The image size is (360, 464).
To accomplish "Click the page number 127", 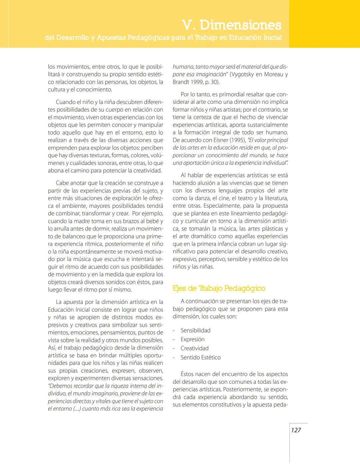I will [296, 430].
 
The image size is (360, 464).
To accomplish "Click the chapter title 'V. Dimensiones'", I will [232, 25].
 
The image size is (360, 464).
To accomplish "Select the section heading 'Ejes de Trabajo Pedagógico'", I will [219, 288].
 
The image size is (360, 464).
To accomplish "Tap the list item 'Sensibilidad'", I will [195, 330].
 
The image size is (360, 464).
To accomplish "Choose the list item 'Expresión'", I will [192, 339].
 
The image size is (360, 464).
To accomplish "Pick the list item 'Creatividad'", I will [194, 348].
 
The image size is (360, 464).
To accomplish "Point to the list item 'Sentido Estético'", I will [200, 357].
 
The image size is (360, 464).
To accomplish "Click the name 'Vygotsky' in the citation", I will [242, 74].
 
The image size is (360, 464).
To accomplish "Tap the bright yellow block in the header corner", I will [324, 23].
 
